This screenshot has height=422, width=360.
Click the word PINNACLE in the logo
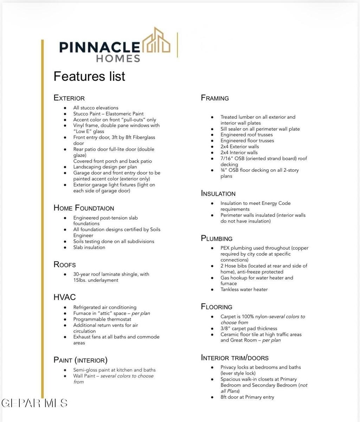click(99, 47)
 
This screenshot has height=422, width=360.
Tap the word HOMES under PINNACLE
click(118, 58)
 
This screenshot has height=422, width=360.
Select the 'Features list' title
click(89, 76)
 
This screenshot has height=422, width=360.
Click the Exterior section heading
click(69, 98)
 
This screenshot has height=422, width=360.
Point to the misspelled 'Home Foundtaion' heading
click(84, 208)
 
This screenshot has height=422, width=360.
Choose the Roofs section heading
click(65, 265)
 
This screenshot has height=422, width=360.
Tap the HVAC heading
click(65, 297)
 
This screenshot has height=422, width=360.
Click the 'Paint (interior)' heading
click(81, 360)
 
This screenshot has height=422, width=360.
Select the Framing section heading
click(215, 98)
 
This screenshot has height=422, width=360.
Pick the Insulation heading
click(218, 194)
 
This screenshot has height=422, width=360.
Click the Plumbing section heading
click(217, 239)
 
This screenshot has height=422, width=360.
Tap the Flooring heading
click(217, 307)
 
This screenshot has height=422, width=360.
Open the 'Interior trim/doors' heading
click(234, 358)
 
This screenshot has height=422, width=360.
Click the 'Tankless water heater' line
click(244, 290)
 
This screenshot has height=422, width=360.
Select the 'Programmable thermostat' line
click(102, 319)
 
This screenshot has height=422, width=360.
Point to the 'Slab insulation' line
click(89, 247)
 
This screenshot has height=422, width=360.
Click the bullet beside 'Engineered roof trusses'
click(212, 135)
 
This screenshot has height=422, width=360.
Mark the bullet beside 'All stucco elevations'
click(65, 108)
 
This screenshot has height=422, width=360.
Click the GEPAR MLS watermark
click(34, 403)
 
